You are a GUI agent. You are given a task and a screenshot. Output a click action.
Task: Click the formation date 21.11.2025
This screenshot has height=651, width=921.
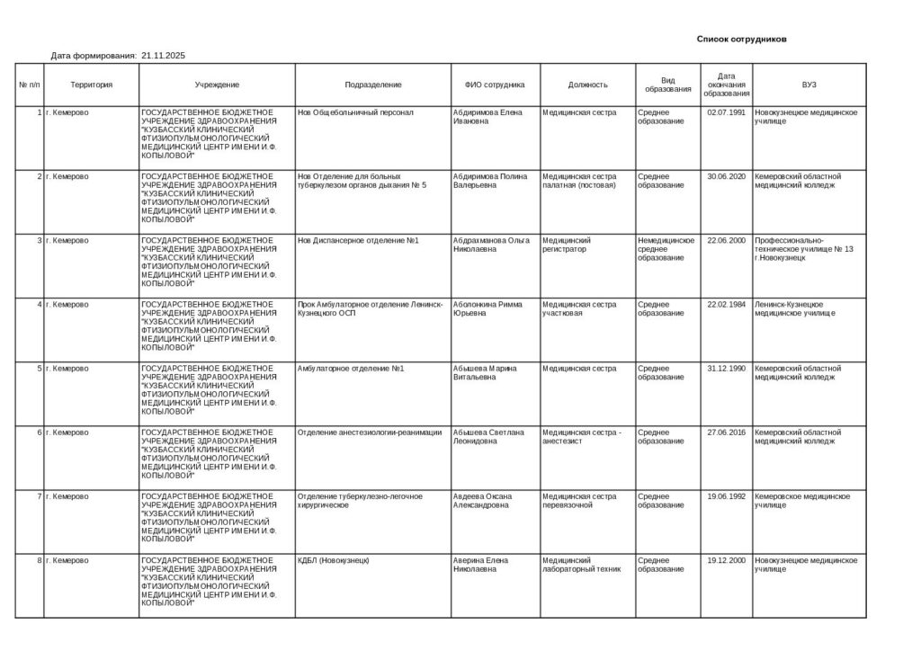(x=163, y=56)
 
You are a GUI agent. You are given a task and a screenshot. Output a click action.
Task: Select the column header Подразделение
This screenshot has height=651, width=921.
(x=373, y=85)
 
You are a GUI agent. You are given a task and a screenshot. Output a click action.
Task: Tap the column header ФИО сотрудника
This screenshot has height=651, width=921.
(x=495, y=85)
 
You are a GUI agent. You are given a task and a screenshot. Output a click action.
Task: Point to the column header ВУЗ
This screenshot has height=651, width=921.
(x=809, y=85)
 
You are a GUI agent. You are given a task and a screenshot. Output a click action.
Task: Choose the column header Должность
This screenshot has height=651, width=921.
(x=587, y=85)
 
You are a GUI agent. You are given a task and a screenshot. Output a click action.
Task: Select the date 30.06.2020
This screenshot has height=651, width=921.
(x=726, y=176)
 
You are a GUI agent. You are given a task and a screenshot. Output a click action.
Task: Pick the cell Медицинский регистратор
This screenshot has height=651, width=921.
(x=567, y=245)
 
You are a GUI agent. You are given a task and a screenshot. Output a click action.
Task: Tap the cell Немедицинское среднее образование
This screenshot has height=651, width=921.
(x=666, y=249)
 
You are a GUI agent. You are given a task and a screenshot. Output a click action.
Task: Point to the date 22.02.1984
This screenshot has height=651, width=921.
(x=726, y=304)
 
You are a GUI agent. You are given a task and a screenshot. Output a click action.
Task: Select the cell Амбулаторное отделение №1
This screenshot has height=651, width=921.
(x=351, y=369)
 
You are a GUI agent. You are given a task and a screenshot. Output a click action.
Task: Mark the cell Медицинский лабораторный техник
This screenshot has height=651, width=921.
(x=582, y=565)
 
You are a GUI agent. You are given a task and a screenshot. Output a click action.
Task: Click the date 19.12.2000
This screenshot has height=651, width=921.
(x=726, y=560)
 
